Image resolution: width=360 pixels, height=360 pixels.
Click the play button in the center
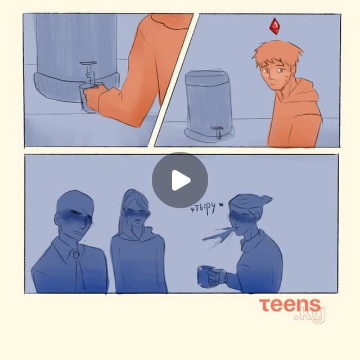click(x=180, y=180)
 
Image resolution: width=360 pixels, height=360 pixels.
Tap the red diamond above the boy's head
click(x=274, y=26)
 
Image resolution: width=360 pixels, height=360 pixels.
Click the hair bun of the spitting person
click(x=266, y=199)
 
